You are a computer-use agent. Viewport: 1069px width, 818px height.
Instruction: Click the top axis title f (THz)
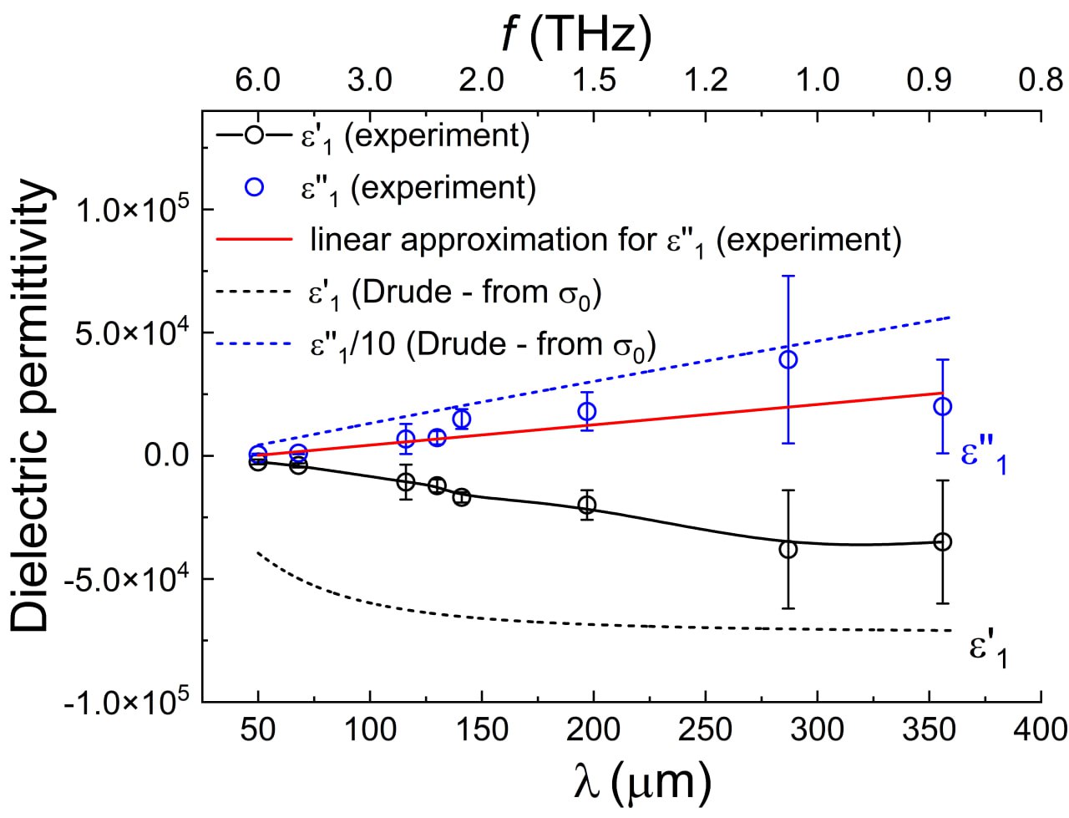575,36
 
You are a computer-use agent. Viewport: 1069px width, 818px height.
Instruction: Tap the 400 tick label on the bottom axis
1040,729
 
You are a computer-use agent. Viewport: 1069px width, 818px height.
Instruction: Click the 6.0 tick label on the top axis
257,81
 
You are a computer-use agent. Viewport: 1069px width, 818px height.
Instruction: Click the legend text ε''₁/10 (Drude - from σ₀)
477,344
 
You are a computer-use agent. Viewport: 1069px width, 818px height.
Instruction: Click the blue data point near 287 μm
788,359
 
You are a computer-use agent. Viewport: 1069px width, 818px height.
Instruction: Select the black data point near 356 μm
942,541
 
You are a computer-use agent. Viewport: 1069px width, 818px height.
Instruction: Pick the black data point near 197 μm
587,504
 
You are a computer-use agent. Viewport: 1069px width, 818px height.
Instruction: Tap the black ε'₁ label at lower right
986,652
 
